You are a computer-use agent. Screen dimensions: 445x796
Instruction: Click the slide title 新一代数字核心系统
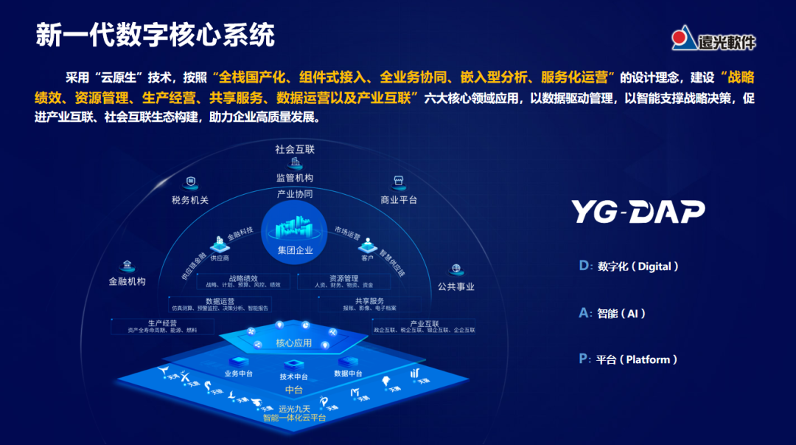pos(156,35)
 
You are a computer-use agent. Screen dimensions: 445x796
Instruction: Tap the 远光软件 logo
pos(714,39)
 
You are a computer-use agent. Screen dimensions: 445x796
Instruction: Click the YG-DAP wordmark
pos(638,212)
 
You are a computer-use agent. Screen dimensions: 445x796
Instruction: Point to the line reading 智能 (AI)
pos(612,313)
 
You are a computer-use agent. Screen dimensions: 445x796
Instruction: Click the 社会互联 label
pos(295,149)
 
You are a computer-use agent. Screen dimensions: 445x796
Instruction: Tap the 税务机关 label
pos(190,200)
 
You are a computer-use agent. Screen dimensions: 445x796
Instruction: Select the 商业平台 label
pos(399,200)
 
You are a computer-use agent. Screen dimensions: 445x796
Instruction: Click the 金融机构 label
pos(128,281)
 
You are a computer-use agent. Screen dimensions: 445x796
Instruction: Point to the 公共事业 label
pos(456,286)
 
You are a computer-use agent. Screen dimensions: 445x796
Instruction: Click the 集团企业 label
pos(296,250)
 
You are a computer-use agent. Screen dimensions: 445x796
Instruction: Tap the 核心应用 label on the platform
pos(294,343)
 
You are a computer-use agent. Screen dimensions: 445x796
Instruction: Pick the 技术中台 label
pos(294,377)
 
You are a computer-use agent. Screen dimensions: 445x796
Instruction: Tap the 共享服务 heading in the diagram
pos(369,301)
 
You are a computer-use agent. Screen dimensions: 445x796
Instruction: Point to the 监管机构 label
pos(295,178)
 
